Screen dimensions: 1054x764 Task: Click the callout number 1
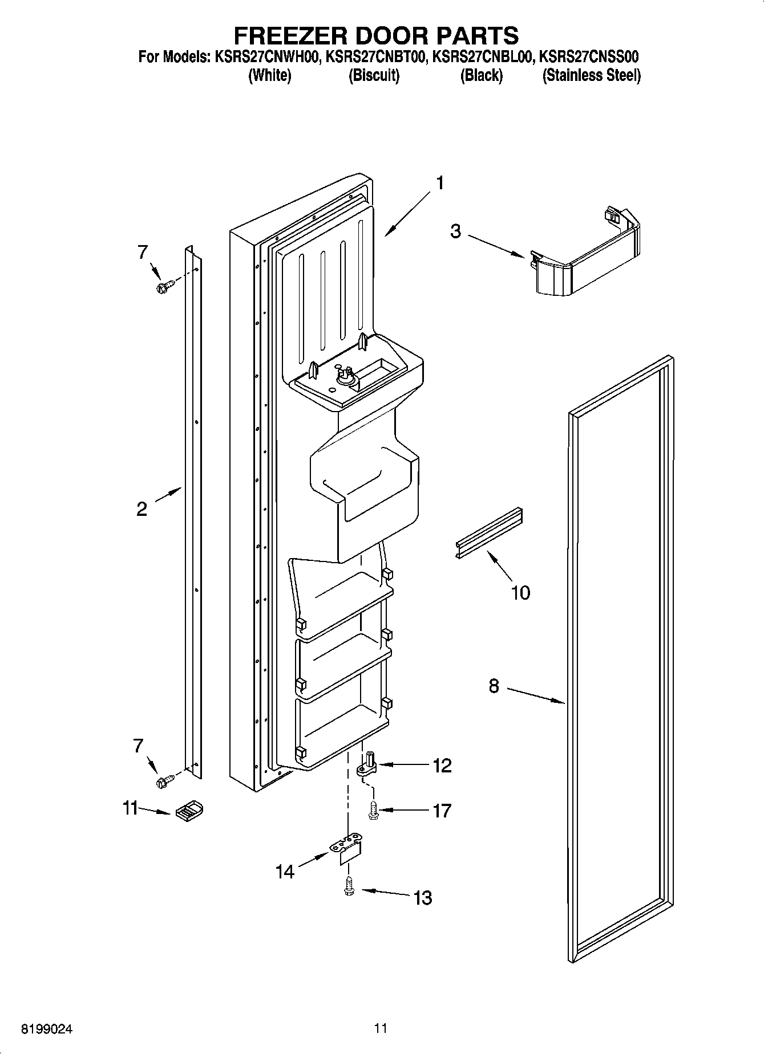pyautogui.click(x=439, y=184)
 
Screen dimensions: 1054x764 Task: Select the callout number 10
pyautogui.click(x=520, y=592)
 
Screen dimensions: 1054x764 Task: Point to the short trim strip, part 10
pyautogui.click(x=490, y=533)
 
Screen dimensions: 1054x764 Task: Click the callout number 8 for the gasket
pyautogui.click(x=494, y=686)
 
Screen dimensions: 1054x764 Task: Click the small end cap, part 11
pyautogui.click(x=189, y=810)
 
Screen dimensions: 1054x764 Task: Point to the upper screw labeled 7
pyautogui.click(x=162, y=286)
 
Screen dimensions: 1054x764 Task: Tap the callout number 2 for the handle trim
pyautogui.click(x=142, y=509)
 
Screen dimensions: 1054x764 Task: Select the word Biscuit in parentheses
pyautogui.click(x=374, y=76)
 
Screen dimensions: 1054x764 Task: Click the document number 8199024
pyautogui.click(x=47, y=1029)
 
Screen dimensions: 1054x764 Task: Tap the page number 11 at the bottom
pyautogui.click(x=381, y=1028)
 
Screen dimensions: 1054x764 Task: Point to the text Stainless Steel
pyautogui.click(x=591, y=76)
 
